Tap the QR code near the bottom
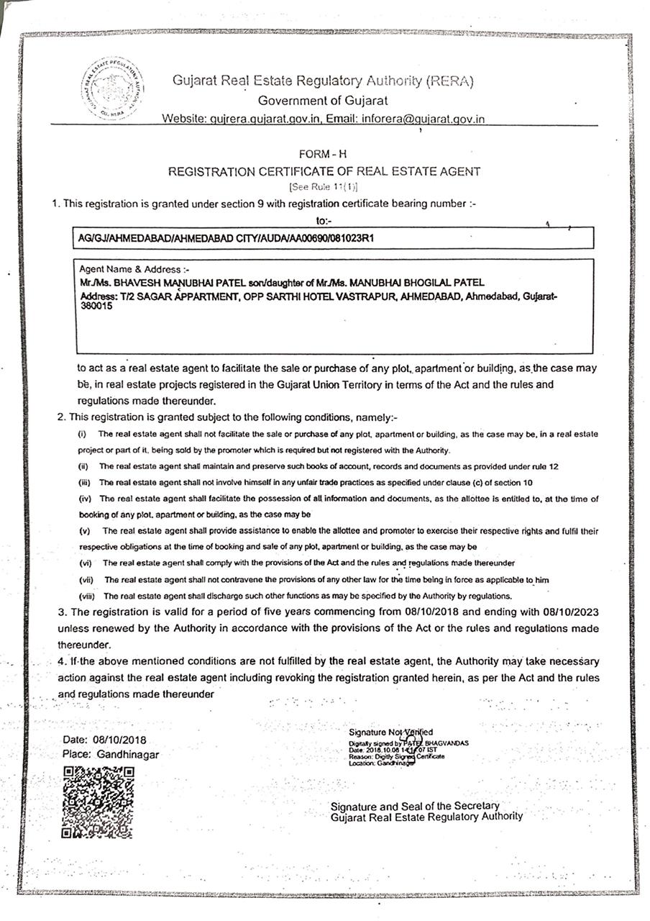click(99, 802)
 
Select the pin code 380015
click(96, 305)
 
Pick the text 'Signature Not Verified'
click(390, 732)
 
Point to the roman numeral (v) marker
click(85, 531)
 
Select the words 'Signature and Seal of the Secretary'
click(415, 806)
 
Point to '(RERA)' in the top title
click(449, 81)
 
